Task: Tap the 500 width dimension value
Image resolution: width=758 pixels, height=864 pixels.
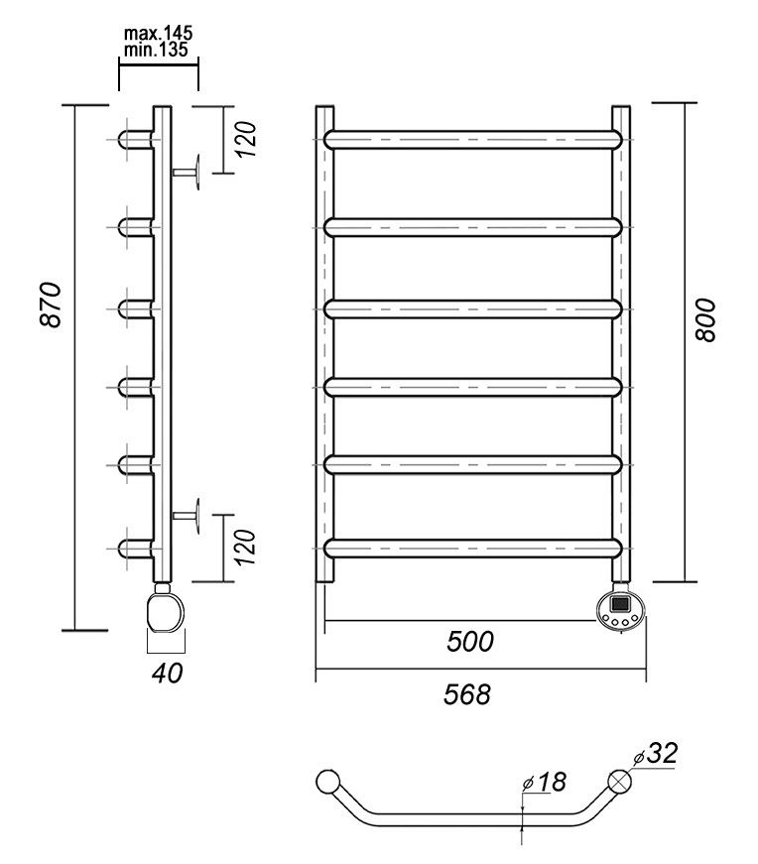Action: pyautogui.click(x=469, y=642)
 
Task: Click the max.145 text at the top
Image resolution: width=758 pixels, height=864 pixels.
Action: pyautogui.click(x=158, y=34)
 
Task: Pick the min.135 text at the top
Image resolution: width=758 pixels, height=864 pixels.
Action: pyautogui.click(x=158, y=49)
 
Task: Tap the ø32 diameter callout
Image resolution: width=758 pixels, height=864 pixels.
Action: pyautogui.click(x=656, y=754)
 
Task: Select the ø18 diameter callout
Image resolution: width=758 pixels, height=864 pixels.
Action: pyautogui.click(x=544, y=783)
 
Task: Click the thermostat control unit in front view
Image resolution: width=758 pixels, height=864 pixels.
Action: pyautogui.click(x=620, y=607)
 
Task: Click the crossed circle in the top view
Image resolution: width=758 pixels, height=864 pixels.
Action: pyautogui.click(x=620, y=781)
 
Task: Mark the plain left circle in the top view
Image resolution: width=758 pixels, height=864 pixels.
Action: pyautogui.click(x=325, y=781)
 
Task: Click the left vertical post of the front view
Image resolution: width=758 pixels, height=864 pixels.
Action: pyautogui.click(x=325, y=342)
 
